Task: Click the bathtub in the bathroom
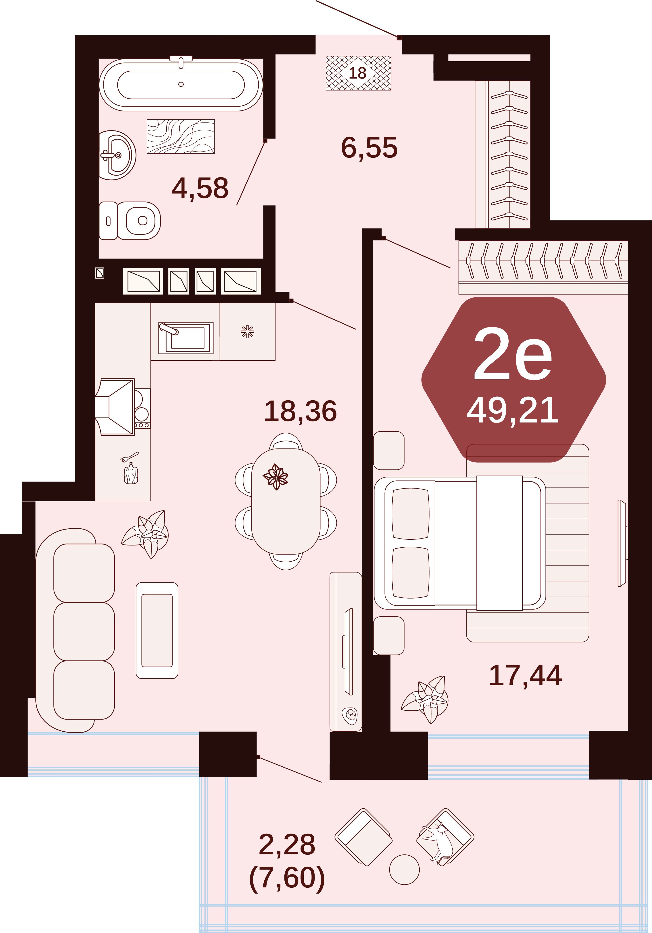click(181, 85)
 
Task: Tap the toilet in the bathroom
click(130, 221)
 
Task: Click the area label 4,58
click(200, 188)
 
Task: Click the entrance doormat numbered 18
click(358, 73)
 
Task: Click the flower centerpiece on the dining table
click(276, 477)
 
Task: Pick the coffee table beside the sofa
click(157, 630)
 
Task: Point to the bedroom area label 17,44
click(525, 675)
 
